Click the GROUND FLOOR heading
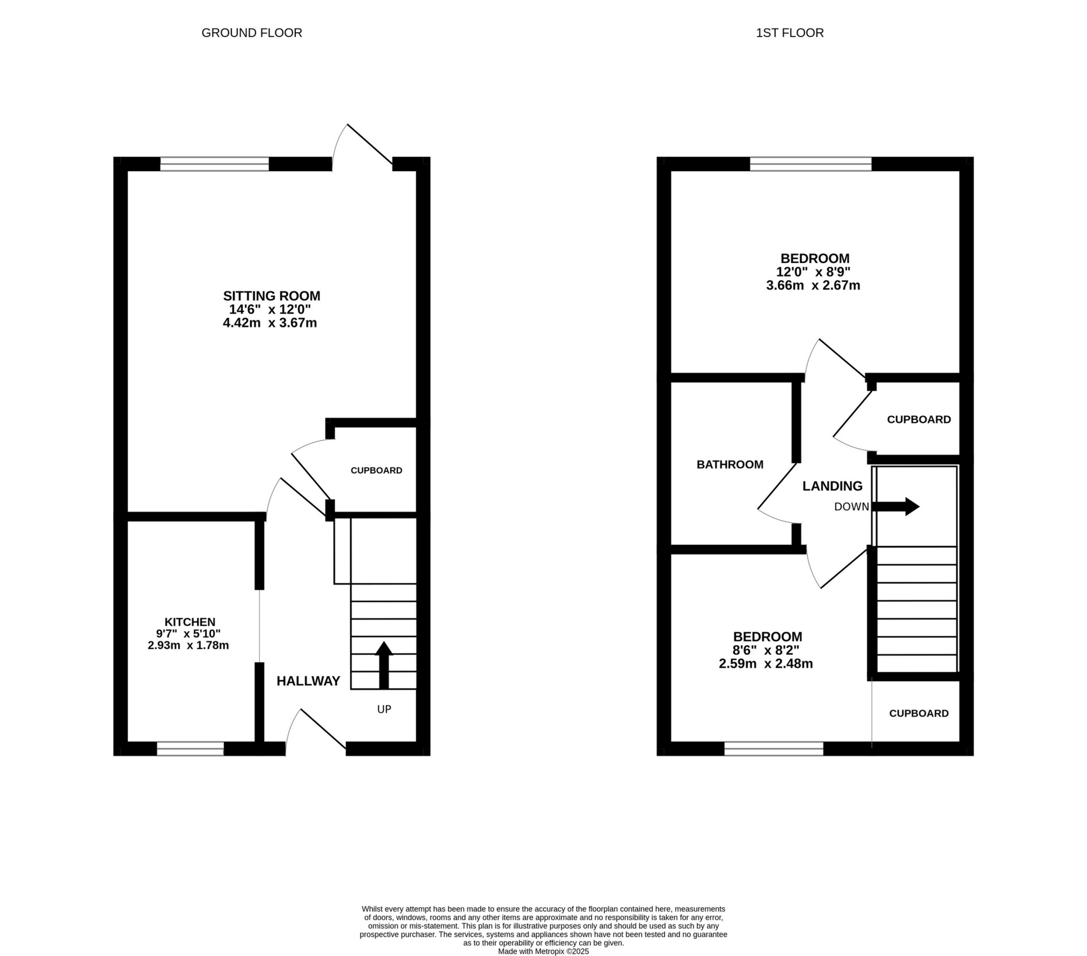251,33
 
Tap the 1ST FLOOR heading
789,33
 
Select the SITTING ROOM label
271,296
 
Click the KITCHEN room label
189,622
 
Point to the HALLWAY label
308,681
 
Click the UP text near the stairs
384,709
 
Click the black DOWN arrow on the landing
895,506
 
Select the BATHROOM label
729,464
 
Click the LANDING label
832,486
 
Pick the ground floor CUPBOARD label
376,470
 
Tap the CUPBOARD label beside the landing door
918,419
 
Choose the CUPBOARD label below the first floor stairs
918,713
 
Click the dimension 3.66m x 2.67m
813,286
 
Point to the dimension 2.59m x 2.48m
765,663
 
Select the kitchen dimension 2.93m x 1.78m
188,645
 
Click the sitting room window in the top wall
214,164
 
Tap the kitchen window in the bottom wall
190,748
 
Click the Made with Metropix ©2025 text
543,951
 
